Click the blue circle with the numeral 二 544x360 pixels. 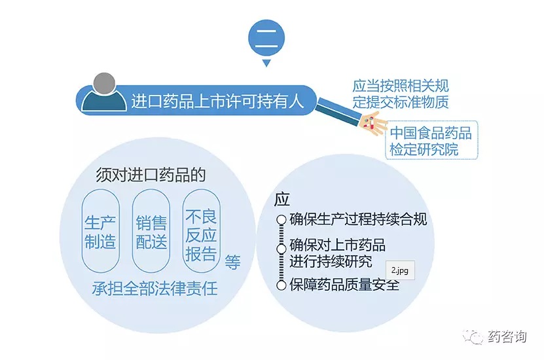tap(266, 38)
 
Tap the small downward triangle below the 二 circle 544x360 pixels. tap(266, 63)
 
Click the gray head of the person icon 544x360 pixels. tap(105, 84)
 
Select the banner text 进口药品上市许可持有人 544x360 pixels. tap(217, 101)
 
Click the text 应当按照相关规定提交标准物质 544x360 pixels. tap(401, 94)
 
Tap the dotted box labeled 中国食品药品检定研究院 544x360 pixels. tap(431, 140)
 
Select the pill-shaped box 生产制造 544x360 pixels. tap(101, 230)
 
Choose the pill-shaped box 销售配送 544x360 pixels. tap(151, 230)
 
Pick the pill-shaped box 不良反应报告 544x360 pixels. tap(201, 230)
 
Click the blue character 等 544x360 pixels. tap(232, 262)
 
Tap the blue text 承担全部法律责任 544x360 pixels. tap(154, 288)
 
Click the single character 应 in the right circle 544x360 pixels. tap(281, 199)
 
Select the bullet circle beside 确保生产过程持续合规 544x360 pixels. tap(281, 220)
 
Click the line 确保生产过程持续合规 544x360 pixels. tap(358, 219)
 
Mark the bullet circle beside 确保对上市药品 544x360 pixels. tap(281, 249)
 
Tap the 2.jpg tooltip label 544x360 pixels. tap(400, 270)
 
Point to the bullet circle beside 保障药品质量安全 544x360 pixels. tap(281, 285)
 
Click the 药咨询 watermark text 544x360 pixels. tap(507, 336)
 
